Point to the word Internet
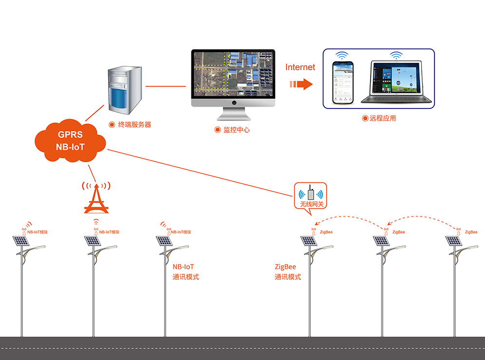300,68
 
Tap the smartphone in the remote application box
342,82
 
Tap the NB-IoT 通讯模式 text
186,272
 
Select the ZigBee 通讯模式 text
288,272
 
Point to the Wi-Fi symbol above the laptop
396,54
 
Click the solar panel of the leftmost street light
20,240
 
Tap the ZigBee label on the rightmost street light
471,233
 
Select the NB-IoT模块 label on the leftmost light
38,233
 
